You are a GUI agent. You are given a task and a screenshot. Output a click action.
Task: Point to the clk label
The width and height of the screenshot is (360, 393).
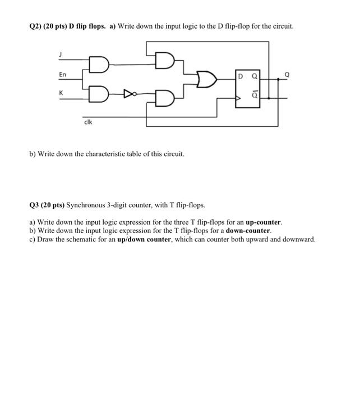pos(88,121)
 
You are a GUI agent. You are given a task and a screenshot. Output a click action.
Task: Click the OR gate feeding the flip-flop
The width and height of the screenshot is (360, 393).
pos(205,80)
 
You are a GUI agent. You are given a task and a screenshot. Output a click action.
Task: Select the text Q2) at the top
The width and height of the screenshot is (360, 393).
pos(34,26)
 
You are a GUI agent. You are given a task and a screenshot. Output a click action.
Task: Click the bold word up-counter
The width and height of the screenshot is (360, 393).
pos(263,222)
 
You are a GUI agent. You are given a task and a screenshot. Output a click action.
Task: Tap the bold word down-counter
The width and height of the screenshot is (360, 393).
pos(248,231)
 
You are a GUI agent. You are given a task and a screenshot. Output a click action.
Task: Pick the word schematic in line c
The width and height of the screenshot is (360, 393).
pos(78,239)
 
